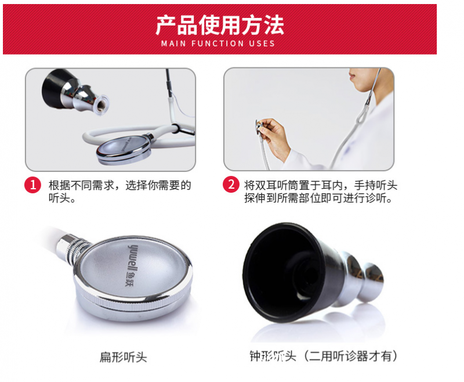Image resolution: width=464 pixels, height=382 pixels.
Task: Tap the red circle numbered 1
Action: [33, 185]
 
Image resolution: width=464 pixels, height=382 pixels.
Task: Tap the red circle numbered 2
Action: [231, 185]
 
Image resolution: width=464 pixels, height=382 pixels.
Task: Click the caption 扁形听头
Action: [123, 356]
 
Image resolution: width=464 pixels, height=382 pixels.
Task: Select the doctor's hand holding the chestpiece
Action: [273, 136]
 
